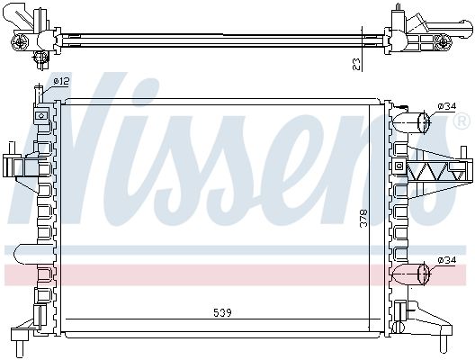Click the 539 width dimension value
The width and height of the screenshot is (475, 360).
pos(223,312)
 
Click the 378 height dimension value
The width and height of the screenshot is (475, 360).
pos(363,218)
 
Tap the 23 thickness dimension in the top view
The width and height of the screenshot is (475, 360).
pos(357,64)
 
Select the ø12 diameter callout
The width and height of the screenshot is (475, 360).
pos(61,81)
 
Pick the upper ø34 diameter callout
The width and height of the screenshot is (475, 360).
pos(447,106)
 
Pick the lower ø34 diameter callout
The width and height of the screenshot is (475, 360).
pos(447,260)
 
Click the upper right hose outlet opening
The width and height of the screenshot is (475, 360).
pos(424,122)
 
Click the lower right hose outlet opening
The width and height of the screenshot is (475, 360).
pos(424,274)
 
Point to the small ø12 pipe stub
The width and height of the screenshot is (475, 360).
pos(39,94)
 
